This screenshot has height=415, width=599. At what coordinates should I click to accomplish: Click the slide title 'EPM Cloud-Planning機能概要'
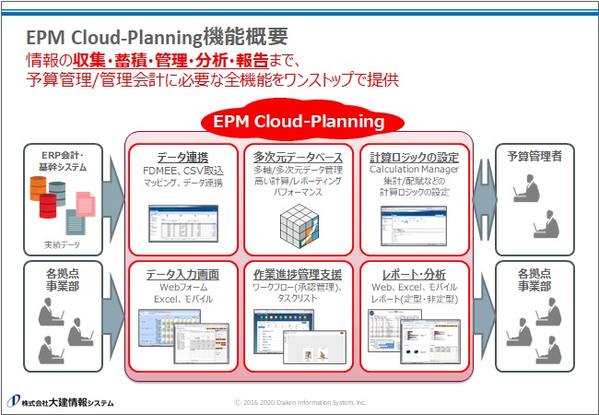coord(157,37)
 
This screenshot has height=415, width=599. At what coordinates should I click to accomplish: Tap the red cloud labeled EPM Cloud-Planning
coord(299,122)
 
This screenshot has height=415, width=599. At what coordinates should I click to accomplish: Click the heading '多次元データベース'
coord(298,158)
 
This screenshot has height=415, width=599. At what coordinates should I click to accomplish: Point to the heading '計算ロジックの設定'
coord(414,158)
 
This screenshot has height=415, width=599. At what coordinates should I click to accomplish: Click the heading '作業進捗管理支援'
coord(298,275)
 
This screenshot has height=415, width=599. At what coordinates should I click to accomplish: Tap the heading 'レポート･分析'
coord(414,275)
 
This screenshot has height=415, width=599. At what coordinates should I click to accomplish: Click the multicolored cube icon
coord(298,220)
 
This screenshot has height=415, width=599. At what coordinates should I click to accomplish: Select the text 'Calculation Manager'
coord(414,171)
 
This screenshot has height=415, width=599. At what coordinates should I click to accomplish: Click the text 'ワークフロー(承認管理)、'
coord(298,288)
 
